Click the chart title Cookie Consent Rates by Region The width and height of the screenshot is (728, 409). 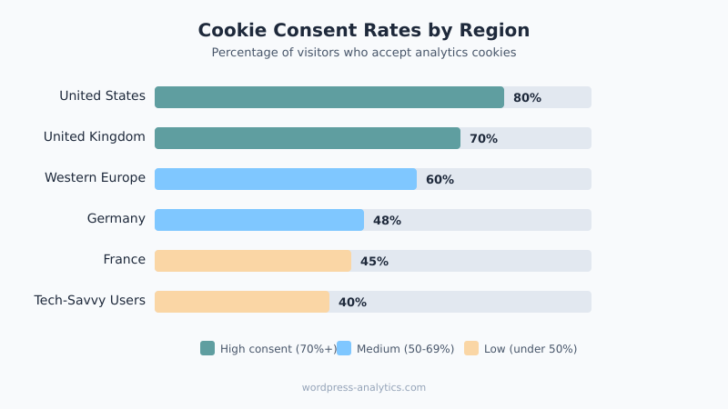click(364, 30)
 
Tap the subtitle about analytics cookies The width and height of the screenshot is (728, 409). click(364, 53)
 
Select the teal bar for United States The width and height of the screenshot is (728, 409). click(329, 97)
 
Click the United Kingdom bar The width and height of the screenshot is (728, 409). click(308, 138)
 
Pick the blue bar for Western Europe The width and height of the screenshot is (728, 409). click(286, 179)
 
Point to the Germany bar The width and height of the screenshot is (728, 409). click(259, 220)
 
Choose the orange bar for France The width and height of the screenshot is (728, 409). click(253, 261)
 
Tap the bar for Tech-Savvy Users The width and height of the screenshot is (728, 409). click(242, 302)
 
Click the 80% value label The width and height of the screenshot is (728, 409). click(527, 98)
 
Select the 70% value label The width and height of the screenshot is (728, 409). click(483, 139)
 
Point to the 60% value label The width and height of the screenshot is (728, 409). click(440, 180)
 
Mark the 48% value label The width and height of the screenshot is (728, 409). click(387, 221)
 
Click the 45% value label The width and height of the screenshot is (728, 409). click(374, 262)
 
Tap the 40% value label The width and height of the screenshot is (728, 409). click(352, 303)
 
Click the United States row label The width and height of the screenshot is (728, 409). click(102, 96)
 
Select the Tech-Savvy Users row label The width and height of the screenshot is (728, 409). click(89, 301)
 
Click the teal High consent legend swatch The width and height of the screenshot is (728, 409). click(207, 348)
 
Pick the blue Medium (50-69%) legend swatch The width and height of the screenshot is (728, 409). click(344, 348)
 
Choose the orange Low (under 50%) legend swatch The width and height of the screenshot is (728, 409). click(471, 348)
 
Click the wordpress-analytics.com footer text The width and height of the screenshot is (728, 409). click(364, 387)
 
